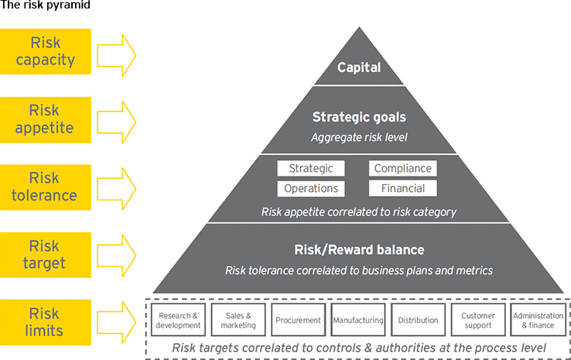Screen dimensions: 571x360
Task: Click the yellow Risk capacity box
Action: click(46, 51)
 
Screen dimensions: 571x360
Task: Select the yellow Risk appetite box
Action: click(46, 119)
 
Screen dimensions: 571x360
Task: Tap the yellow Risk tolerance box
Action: click(46, 187)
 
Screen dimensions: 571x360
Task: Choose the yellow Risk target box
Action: click(46, 255)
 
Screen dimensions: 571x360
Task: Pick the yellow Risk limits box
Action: click(46, 322)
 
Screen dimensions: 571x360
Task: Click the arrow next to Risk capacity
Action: click(117, 56)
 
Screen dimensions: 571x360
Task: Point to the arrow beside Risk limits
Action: click(117, 323)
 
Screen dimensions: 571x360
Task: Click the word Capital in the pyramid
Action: click(359, 67)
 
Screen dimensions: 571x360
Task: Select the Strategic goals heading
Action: click(359, 117)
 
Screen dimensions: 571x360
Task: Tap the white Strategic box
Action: click(311, 168)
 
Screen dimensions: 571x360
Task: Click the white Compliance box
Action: click(403, 168)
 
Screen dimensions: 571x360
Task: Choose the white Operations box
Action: click(311, 188)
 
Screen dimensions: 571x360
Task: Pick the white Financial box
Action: click(403, 188)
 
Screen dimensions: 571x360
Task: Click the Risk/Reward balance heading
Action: click(359, 250)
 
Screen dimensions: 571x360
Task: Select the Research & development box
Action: click(178, 320)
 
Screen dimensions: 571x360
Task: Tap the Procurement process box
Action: click(298, 320)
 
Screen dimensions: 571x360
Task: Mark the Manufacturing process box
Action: click(358, 320)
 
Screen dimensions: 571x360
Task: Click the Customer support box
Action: click(478, 320)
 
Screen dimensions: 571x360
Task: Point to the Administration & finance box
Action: click(538, 320)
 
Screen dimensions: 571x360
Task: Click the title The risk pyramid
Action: click(45, 5)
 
